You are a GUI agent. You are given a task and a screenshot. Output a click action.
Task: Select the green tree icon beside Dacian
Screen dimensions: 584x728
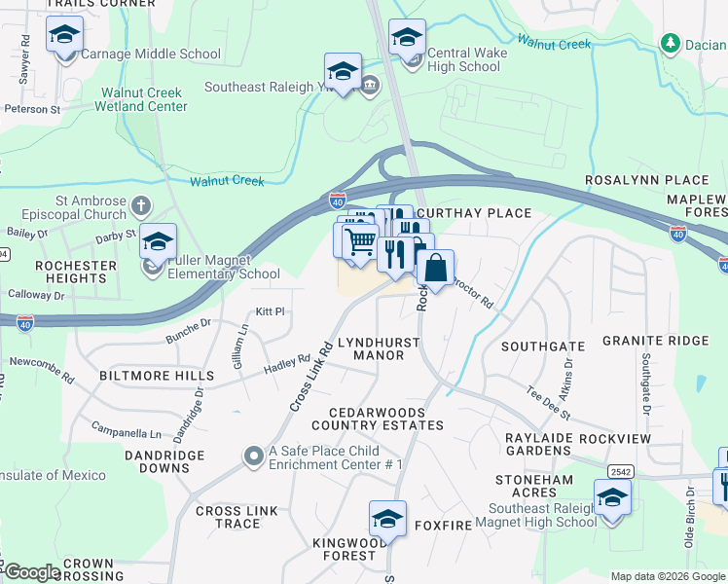[669, 44]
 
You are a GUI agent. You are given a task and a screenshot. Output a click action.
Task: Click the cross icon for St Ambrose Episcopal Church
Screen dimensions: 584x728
[141, 205]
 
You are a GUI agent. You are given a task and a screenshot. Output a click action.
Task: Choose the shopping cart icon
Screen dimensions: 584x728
[360, 239]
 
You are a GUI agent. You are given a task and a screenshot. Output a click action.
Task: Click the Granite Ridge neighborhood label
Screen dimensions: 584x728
[655, 341]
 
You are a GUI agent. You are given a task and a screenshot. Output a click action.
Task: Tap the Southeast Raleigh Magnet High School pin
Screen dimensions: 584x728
[612, 498]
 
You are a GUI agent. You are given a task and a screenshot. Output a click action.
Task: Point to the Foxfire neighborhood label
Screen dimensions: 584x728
[443, 526]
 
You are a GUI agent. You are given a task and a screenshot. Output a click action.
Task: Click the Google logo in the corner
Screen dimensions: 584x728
[32, 572]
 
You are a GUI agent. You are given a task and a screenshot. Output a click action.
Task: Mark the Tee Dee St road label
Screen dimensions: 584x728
[547, 404]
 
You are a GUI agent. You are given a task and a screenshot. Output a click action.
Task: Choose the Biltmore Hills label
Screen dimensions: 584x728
[156, 376]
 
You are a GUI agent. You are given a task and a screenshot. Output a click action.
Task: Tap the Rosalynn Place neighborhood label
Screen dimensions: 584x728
[646, 181]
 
